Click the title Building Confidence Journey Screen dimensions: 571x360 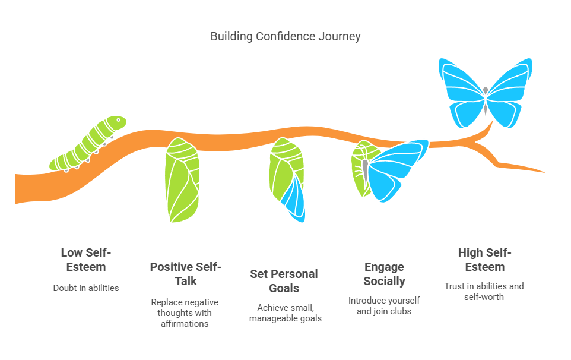[285, 36]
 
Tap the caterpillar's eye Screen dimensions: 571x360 [118, 120]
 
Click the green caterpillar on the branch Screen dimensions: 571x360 [88, 144]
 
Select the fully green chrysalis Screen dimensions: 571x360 [182, 179]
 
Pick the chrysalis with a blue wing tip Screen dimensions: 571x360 [287, 179]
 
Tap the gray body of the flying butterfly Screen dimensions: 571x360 [486, 100]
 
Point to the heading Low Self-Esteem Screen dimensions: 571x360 [86, 260]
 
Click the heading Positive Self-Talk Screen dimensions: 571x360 [186, 274]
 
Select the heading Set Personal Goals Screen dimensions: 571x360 [284, 281]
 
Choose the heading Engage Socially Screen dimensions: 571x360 [384, 274]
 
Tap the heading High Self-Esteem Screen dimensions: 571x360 [485, 260]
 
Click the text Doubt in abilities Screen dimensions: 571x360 [86, 288]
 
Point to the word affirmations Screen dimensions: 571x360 [185, 324]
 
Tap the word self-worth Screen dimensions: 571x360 [484, 297]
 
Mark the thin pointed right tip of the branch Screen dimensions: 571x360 [544, 172]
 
